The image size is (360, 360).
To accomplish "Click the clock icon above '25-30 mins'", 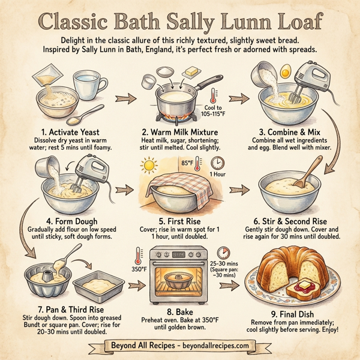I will pos(224,252).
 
